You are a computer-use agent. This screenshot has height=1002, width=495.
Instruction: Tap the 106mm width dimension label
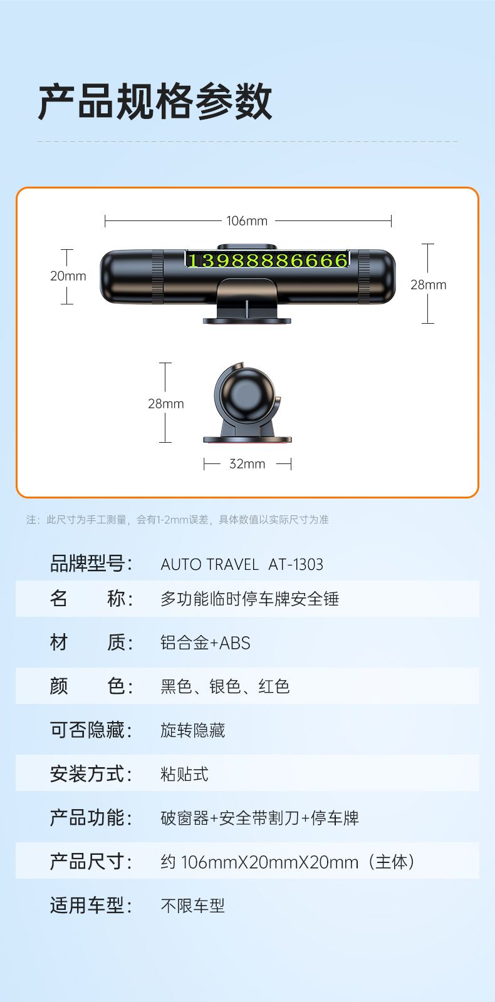[247, 221]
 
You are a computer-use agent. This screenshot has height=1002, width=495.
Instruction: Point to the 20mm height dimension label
[68, 276]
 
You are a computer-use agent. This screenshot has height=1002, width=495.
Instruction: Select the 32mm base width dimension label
[247, 464]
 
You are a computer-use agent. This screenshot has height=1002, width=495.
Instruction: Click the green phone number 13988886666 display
[267, 260]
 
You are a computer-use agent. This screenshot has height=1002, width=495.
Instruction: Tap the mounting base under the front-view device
[247, 320]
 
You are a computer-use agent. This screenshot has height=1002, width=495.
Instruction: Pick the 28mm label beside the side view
[166, 403]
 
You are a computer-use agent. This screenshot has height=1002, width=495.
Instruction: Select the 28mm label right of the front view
[429, 284]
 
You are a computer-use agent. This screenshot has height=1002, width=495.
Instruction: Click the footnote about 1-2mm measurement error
[178, 519]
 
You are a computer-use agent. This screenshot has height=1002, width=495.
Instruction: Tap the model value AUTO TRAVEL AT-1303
[242, 564]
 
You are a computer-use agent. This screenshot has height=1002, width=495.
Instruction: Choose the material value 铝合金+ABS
[206, 643]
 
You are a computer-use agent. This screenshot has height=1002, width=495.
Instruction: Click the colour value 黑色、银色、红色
[225, 686]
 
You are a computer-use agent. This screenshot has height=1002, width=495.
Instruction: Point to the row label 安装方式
[91, 774]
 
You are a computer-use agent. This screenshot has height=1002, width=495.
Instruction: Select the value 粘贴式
[184, 774]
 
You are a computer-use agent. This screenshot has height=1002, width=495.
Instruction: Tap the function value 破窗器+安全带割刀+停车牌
[259, 818]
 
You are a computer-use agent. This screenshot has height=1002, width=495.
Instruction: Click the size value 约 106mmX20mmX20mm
[259, 862]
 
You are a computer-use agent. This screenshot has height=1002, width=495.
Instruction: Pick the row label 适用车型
[91, 906]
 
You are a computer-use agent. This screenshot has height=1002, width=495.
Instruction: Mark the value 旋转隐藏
[193, 730]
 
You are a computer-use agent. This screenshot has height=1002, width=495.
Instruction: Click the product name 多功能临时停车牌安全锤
[250, 599]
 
